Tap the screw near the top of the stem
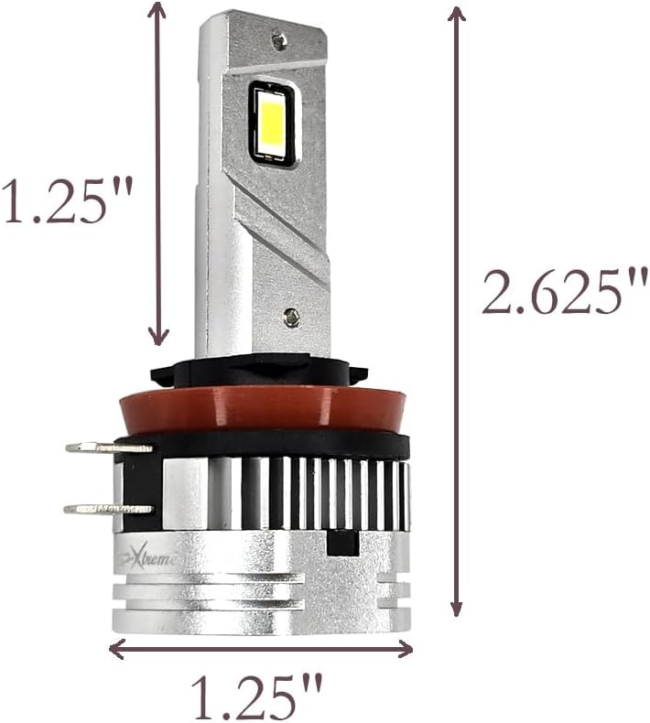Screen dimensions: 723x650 pyautogui.click(x=279, y=40)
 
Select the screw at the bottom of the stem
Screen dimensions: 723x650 pyautogui.click(x=291, y=317)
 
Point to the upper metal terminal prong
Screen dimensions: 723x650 pyautogui.click(x=108, y=448)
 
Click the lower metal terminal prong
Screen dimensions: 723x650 pyautogui.click(x=107, y=508)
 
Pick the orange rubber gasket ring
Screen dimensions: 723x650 pyautogui.click(x=260, y=408)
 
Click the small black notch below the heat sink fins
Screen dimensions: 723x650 pyautogui.click(x=341, y=542)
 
